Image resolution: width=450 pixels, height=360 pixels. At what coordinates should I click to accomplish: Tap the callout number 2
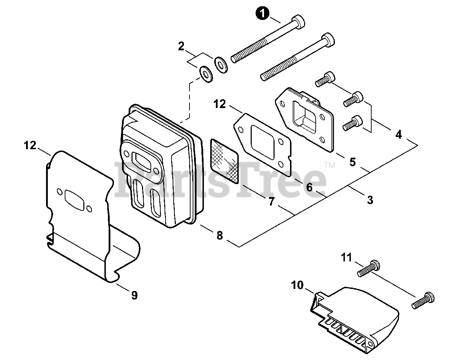click(x=181, y=46)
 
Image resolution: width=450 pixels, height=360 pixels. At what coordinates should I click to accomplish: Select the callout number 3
click(x=370, y=200)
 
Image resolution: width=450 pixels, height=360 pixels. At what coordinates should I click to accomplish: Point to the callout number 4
click(x=399, y=134)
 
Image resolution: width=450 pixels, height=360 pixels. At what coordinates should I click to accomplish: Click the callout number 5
click(x=353, y=162)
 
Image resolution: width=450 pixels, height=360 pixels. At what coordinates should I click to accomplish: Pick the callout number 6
click(x=309, y=187)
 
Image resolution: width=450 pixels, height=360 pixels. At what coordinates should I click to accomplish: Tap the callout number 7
click(x=271, y=202)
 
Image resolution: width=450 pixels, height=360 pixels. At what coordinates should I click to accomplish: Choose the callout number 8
click(x=220, y=236)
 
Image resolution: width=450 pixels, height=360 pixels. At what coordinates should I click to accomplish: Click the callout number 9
click(x=134, y=295)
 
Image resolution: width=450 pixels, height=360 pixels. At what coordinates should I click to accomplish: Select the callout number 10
click(x=297, y=285)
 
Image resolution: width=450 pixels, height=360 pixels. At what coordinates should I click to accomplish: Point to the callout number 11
click(x=347, y=258)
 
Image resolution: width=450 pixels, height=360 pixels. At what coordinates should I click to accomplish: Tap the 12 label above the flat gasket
click(x=220, y=104)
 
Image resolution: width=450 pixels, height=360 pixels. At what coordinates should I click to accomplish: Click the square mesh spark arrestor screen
click(x=224, y=161)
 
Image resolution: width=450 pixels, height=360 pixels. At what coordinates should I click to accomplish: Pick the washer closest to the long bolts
click(x=221, y=65)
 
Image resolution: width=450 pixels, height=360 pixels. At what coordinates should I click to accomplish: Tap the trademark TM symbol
click(x=330, y=165)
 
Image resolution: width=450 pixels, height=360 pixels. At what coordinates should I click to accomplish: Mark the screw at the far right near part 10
click(x=423, y=300)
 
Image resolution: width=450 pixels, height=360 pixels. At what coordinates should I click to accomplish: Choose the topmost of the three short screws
click(x=325, y=79)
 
